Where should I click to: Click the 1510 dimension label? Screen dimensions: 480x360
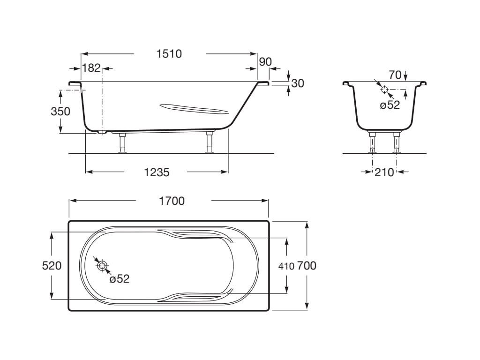tap(169, 54)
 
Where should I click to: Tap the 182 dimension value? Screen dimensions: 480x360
tap(91, 68)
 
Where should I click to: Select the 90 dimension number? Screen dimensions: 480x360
tap(265, 62)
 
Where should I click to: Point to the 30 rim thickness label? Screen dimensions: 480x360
tap(298, 83)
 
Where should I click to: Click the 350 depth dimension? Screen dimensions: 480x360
tap(60, 112)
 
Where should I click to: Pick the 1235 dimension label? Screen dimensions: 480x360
tap(157, 172)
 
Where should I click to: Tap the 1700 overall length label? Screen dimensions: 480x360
tap(172, 201)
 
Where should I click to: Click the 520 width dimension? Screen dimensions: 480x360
tap(52, 265)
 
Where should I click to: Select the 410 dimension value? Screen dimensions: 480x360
tap(286, 266)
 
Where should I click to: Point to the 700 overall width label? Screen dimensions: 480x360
tap(307, 265)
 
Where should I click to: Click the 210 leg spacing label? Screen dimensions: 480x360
tap(384, 172)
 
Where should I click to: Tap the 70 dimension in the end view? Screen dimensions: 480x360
tap(395, 75)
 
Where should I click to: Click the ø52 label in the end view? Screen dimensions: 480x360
tap(390, 105)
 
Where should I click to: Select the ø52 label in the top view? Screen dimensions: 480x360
tap(120, 278)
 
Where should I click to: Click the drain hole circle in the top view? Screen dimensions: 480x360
tap(102, 266)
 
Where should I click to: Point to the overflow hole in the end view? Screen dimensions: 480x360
tap(384, 90)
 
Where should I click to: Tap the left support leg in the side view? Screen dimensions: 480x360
tap(123, 143)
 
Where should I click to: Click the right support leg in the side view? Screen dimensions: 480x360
tap(210, 142)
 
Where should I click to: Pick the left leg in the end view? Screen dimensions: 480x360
tap(373, 142)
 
